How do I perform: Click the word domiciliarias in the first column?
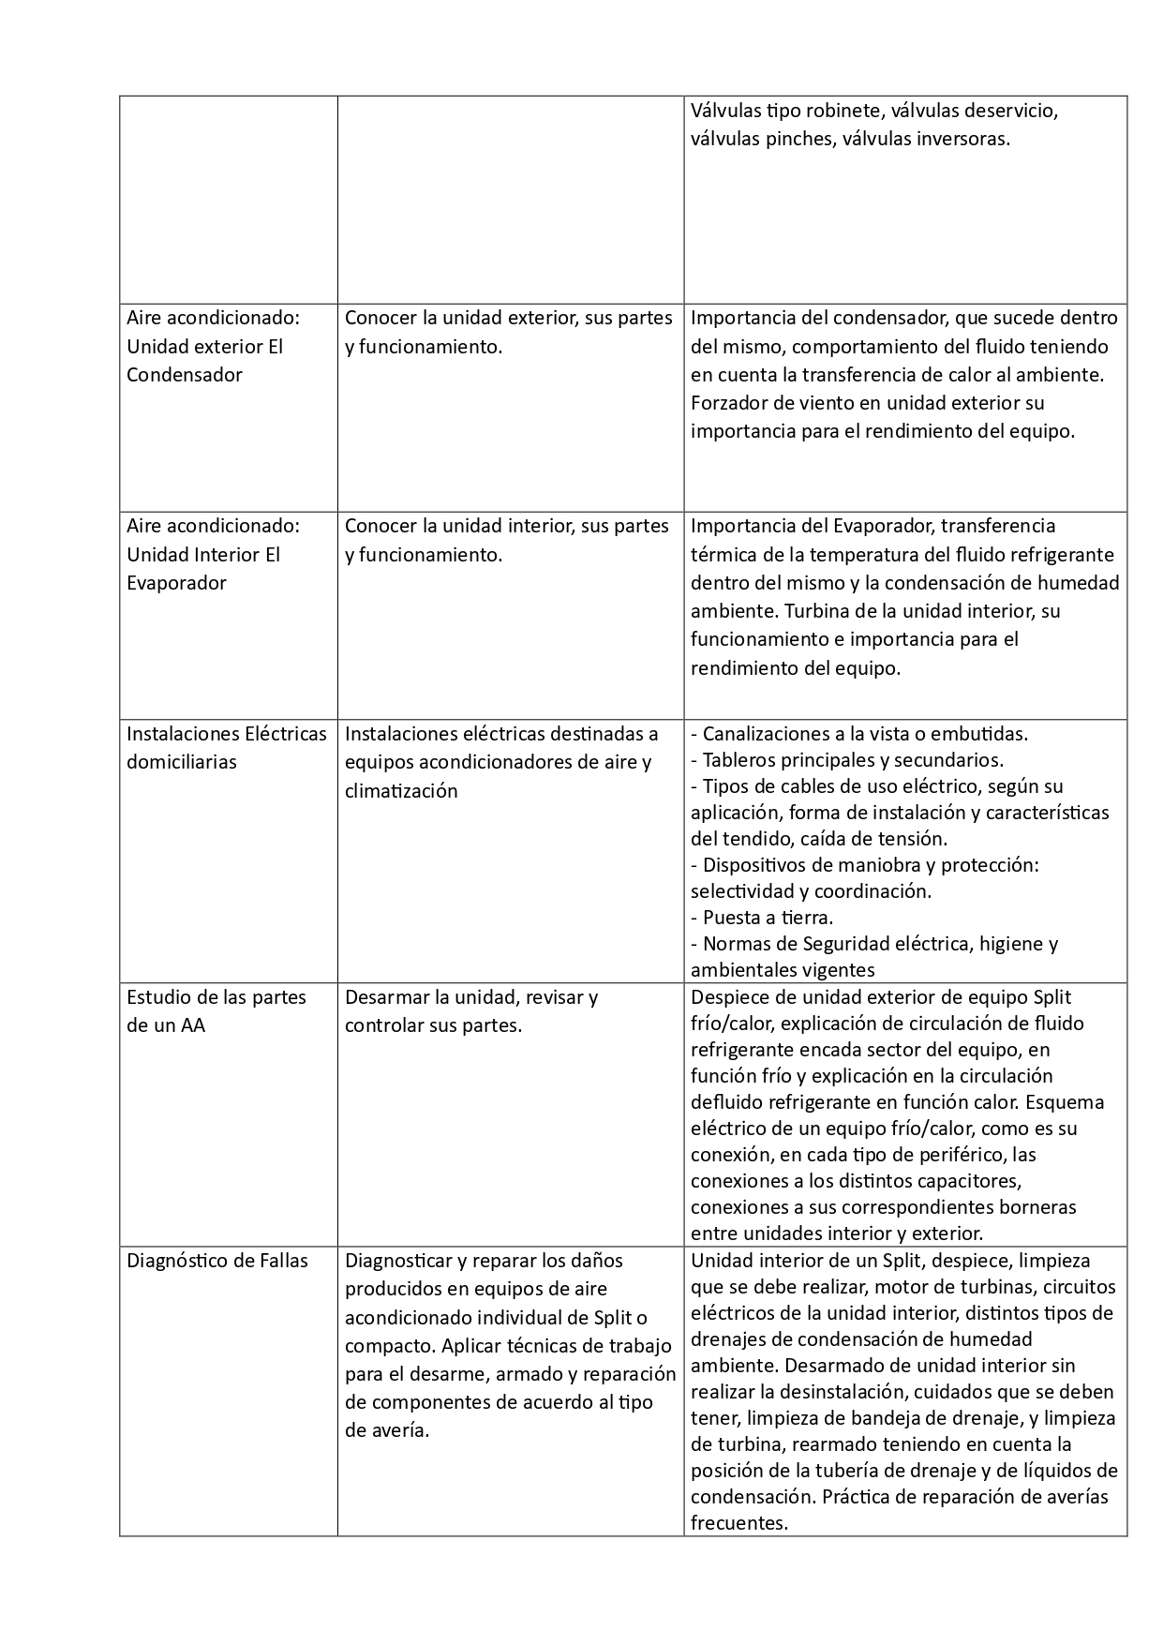182,762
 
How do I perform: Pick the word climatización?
401,791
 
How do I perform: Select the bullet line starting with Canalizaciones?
859,734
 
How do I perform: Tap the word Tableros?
740,760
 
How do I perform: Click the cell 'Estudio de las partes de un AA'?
216,1011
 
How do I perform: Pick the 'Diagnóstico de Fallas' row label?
217,1261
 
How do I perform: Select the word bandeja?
903,1418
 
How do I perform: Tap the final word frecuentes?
738,1523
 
